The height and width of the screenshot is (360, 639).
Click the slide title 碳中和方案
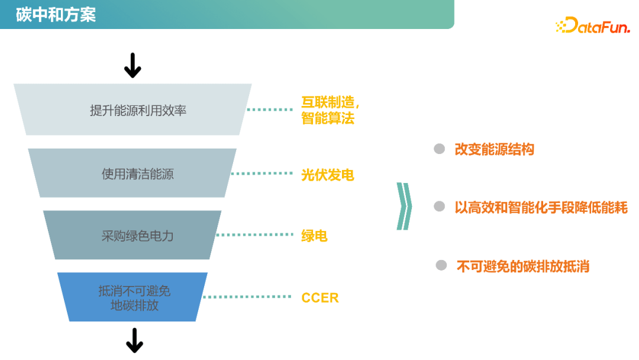[56, 14]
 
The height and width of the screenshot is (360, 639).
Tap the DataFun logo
[592, 25]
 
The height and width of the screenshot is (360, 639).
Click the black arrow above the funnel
[133, 65]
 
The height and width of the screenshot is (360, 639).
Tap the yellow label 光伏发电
[327, 175]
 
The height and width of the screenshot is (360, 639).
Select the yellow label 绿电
[314, 236]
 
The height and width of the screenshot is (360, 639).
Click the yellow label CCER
[320, 298]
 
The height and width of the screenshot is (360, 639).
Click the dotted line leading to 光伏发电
[262, 173]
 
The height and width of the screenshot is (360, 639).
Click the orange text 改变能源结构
[494, 149]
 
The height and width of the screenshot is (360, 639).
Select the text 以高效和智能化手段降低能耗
[541, 207]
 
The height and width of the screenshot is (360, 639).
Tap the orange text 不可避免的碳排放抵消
[522, 266]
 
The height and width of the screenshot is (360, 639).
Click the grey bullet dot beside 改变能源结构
[439, 149]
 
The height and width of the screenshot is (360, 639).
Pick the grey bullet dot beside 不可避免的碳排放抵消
[441, 265]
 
